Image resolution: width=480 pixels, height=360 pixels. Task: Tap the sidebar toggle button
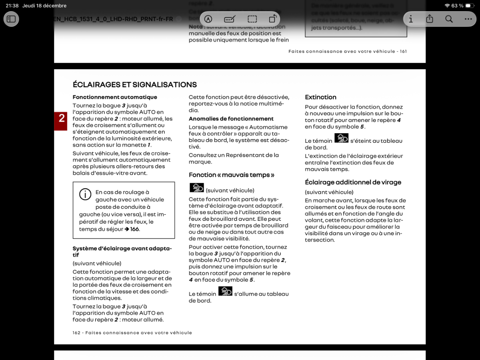click(11, 19)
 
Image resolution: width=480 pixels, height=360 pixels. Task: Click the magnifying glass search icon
click(449, 19)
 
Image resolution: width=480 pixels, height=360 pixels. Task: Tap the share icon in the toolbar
click(430, 19)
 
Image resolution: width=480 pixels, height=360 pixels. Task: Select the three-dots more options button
click(468, 19)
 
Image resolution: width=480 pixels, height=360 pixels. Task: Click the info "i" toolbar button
click(410, 19)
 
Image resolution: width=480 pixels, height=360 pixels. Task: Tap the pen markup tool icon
click(208, 19)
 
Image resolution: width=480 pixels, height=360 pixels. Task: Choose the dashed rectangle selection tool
click(252, 19)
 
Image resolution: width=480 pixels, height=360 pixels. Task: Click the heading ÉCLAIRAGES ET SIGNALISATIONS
click(135, 85)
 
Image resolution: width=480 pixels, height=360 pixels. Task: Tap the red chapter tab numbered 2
click(61, 118)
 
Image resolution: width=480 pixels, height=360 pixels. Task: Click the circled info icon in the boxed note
click(85, 194)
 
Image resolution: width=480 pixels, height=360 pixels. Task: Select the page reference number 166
click(134, 229)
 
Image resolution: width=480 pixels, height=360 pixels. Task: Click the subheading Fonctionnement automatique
click(115, 97)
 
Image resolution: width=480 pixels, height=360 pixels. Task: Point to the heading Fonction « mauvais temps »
click(232, 175)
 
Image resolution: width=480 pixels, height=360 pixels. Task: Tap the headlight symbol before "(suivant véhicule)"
click(196, 188)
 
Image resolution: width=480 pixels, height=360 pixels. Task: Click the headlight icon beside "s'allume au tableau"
click(225, 291)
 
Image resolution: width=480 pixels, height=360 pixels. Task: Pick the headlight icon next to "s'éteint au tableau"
click(341, 138)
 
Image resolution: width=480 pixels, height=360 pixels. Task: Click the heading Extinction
click(320, 97)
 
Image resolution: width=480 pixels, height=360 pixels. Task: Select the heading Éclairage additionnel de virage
click(353, 182)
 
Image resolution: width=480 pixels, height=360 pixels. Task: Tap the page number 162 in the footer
click(76, 333)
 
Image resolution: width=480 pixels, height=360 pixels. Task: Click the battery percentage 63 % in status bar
click(457, 6)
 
